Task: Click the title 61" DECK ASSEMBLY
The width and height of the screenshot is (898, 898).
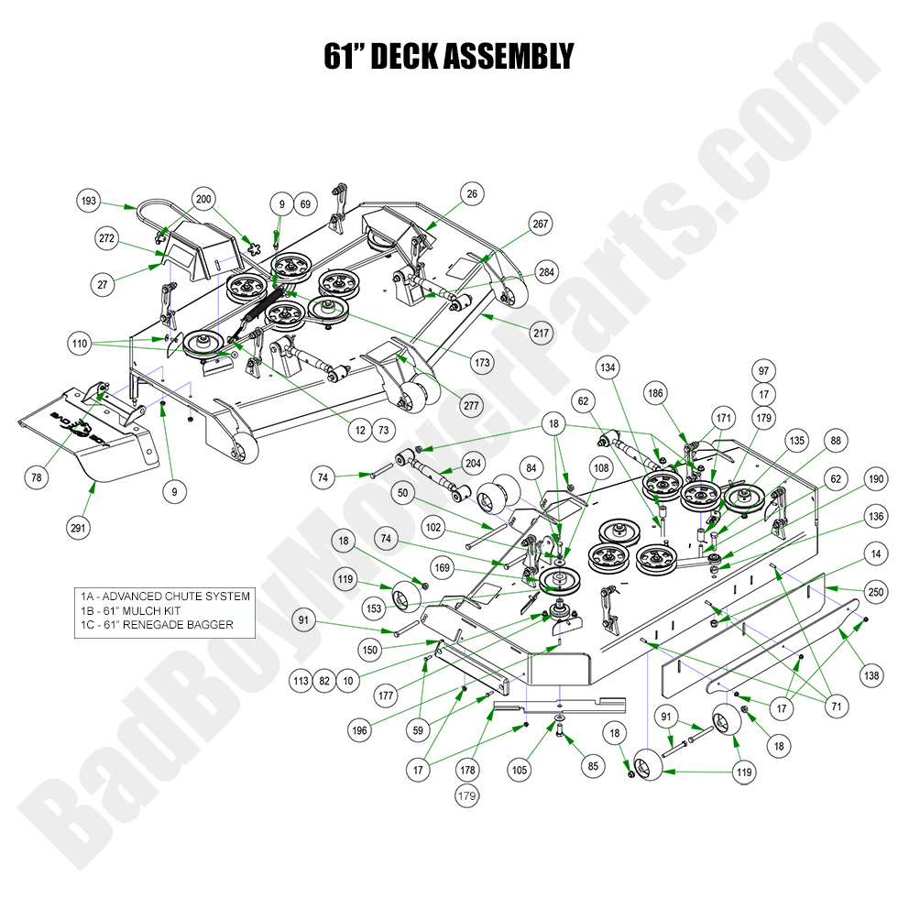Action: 448,57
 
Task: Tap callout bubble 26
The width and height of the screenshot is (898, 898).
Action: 472,194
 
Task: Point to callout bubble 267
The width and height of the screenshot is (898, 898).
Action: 541,224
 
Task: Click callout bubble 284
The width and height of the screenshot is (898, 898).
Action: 546,272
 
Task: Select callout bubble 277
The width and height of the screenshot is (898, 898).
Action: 445,405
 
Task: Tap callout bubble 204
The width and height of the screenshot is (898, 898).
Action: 473,465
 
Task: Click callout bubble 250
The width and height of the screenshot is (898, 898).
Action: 875,594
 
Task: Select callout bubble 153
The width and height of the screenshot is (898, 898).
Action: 374,608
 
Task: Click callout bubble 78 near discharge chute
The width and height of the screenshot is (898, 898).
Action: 37,477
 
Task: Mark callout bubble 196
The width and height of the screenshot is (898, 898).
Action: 358,729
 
